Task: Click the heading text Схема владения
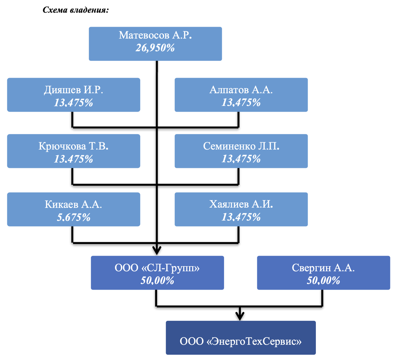76,10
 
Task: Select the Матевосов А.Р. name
155,35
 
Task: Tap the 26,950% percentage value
155,48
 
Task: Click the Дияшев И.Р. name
73,90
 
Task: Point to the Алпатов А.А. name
241,90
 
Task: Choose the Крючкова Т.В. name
73,146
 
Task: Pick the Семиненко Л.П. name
241,146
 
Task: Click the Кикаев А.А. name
73,204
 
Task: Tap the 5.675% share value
73,218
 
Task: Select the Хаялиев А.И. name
241,204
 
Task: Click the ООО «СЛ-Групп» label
157,268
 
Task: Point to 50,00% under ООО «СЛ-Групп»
157,281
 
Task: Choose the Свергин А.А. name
323,268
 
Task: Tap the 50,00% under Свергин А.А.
323,281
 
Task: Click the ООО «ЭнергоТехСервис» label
241,341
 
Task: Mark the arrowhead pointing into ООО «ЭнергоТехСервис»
240,315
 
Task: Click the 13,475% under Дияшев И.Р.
73,103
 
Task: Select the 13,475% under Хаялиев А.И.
241,217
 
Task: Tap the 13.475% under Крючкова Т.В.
73,159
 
